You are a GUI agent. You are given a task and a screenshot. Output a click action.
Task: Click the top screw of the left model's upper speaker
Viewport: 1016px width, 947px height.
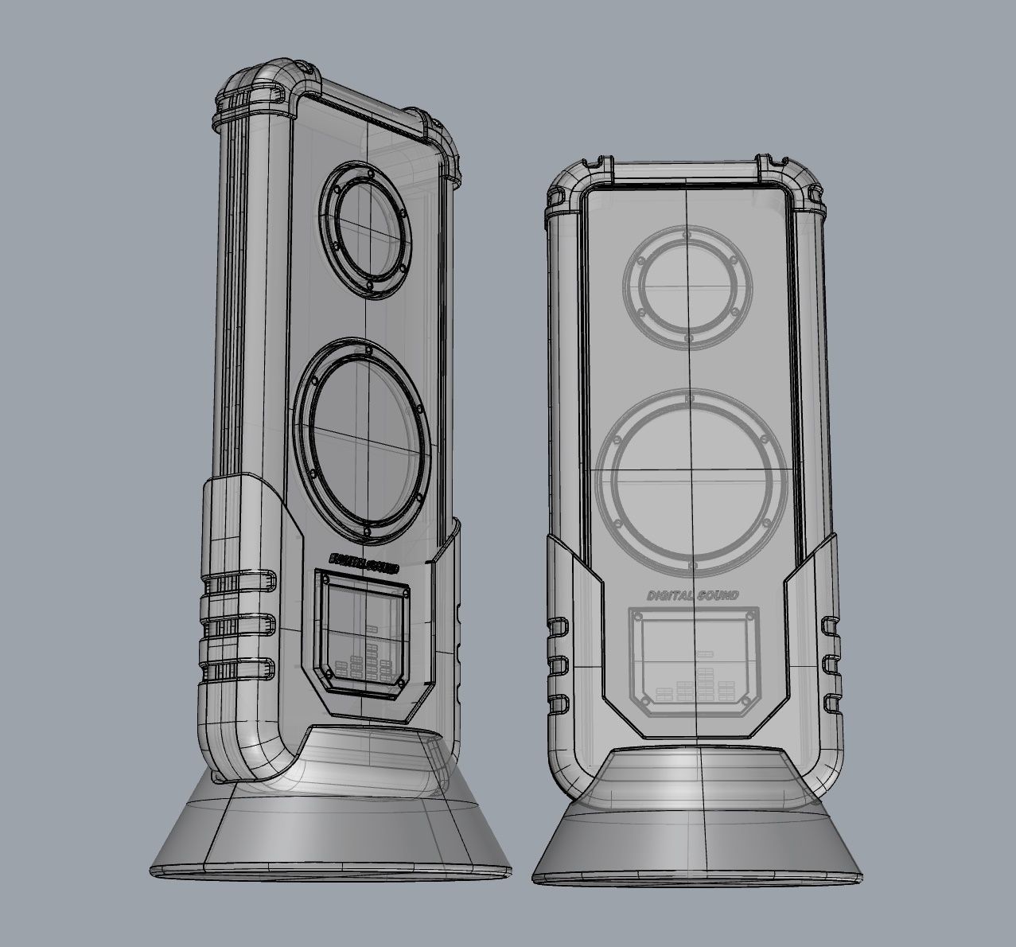click(x=370, y=172)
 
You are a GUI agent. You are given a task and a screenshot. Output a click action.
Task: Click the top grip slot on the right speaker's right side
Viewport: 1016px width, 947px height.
click(x=831, y=622)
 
